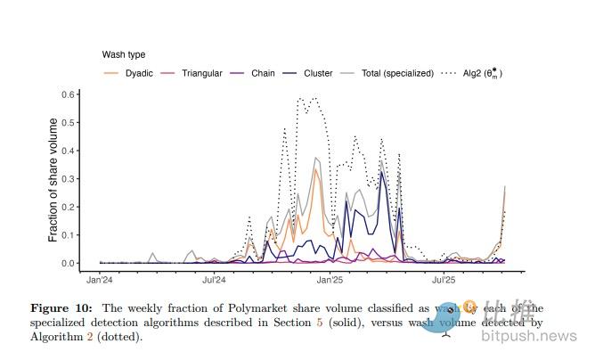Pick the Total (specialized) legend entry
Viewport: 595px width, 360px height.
point(392,73)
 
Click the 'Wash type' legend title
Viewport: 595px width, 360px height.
point(124,55)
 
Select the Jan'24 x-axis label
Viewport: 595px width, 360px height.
point(99,280)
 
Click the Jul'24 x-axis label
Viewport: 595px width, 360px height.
point(214,280)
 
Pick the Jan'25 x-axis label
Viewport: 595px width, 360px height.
point(330,280)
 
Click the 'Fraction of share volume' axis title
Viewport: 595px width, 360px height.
point(53,179)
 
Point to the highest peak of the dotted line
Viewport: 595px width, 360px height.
point(300,98)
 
